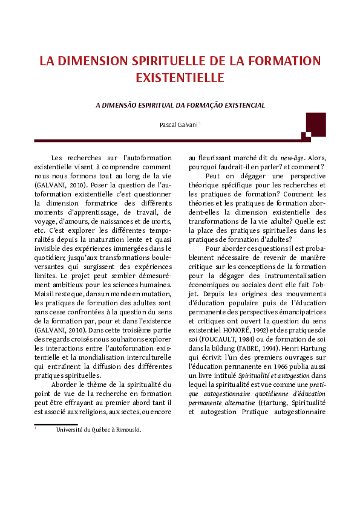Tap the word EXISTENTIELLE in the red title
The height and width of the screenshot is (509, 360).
pos(180,78)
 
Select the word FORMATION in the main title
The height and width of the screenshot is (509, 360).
pos(282,61)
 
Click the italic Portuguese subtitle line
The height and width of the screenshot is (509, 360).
pos(180,105)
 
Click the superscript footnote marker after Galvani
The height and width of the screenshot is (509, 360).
pos(200,123)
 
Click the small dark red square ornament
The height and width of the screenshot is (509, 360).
pos(307,137)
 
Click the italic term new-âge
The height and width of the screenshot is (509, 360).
pos(293,158)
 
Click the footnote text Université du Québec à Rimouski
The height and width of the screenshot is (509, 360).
pos(99,430)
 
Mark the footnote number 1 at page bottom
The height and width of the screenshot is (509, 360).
pos(36,429)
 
